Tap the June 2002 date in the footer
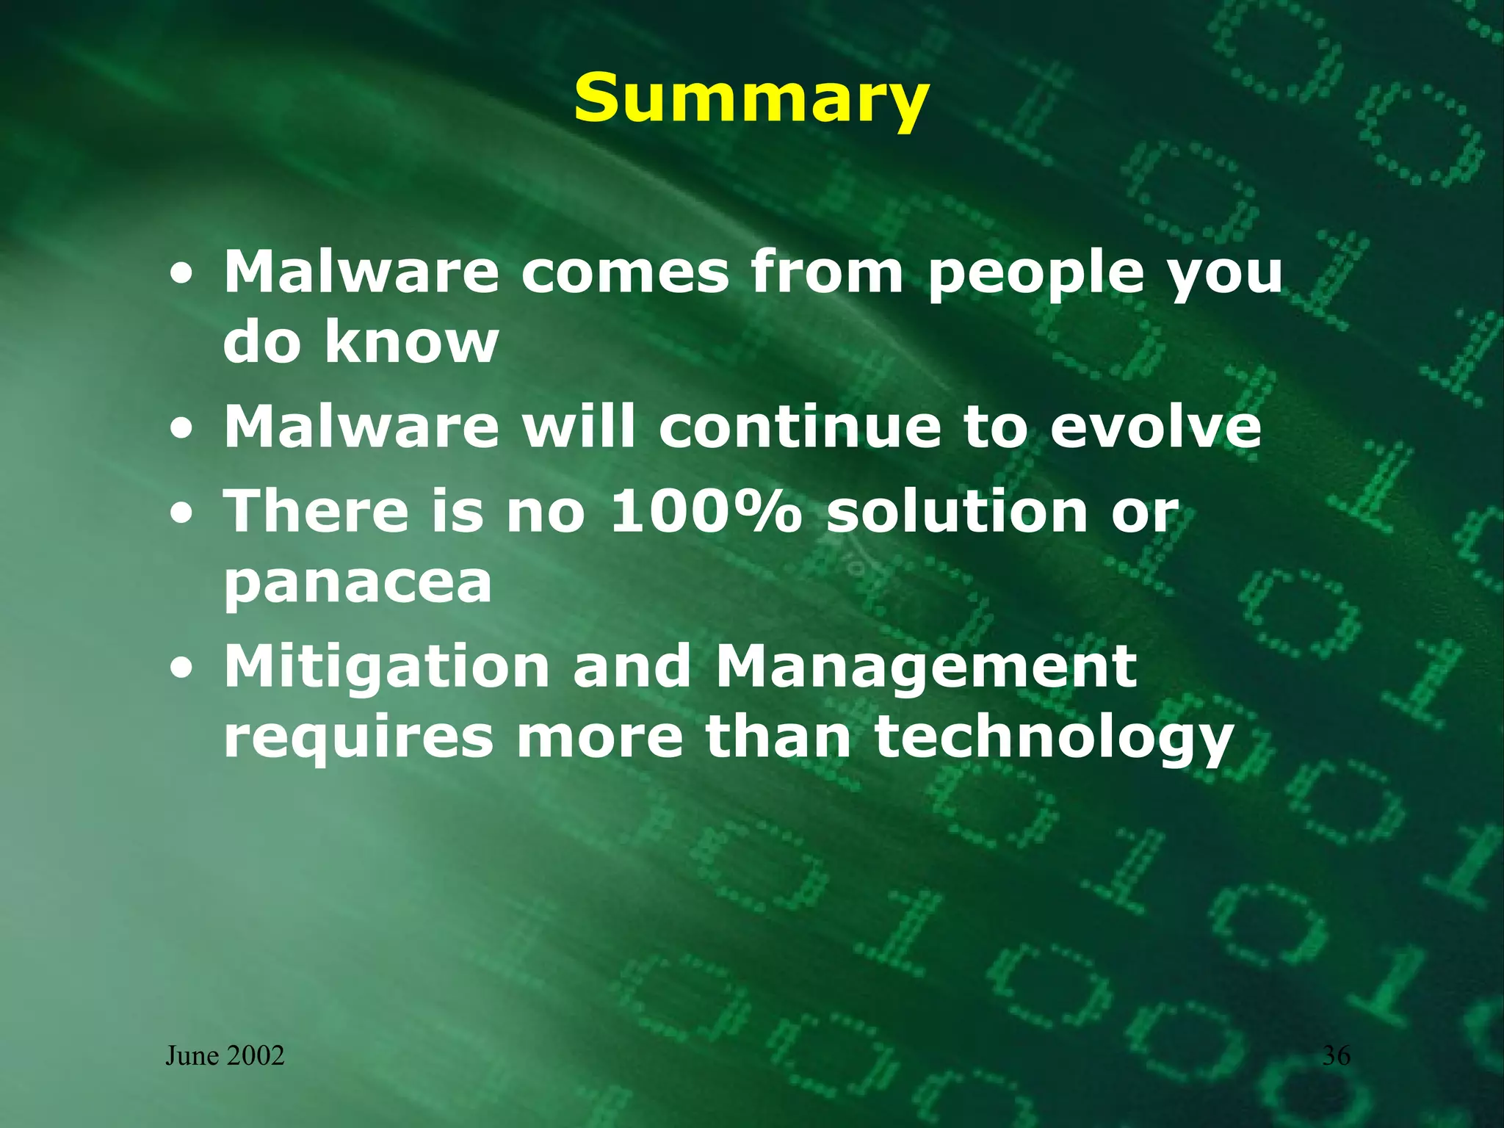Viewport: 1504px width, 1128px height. click(x=225, y=1056)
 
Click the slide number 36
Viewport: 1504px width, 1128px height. click(x=1336, y=1055)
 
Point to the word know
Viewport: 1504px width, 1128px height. click(x=412, y=341)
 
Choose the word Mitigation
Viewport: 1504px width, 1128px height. click(x=386, y=665)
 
